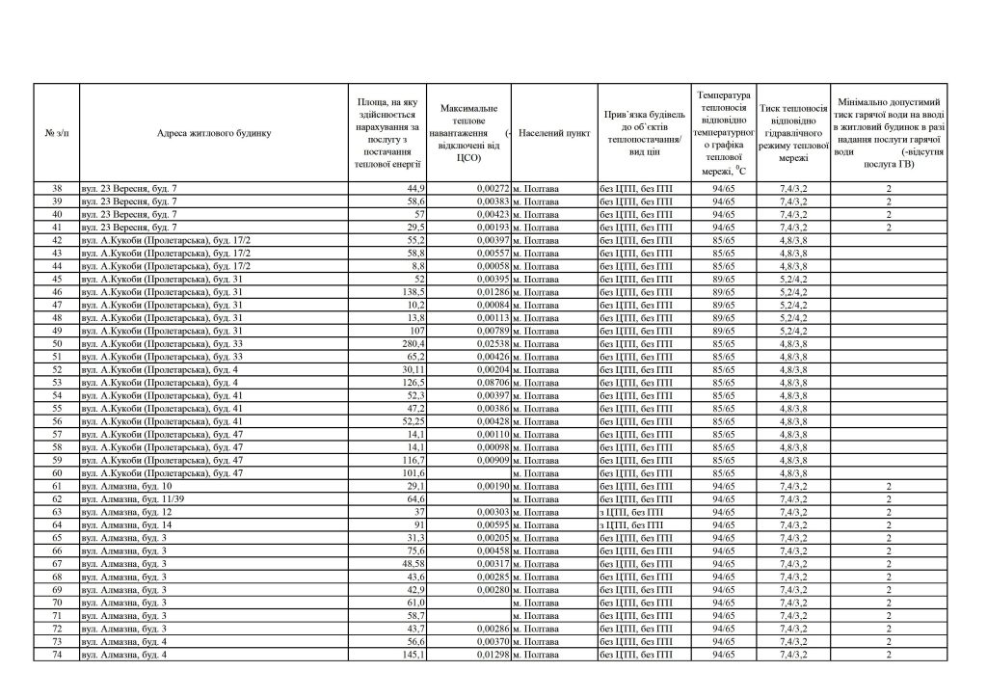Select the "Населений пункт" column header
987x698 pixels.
[554, 133]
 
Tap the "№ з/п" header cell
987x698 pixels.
[57, 133]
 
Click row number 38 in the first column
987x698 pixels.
[57, 188]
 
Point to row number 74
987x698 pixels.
[57, 655]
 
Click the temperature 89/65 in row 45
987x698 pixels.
[723, 279]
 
